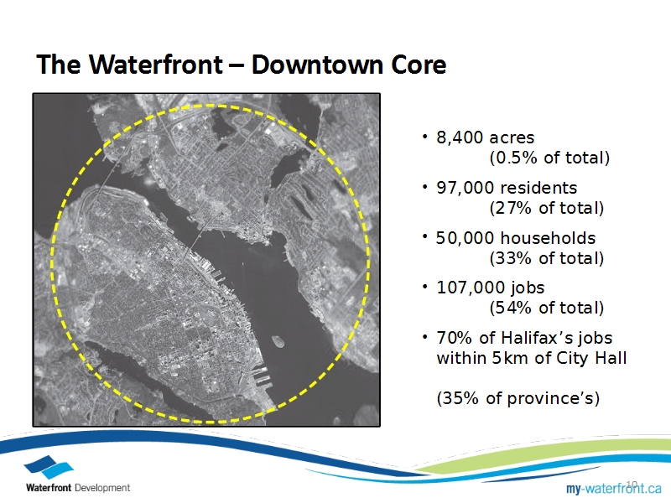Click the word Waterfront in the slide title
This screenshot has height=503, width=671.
pyautogui.click(x=156, y=65)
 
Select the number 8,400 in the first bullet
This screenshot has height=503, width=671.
pyautogui.click(x=459, y=137)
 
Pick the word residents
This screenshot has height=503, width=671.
pyautogui.click(x=538, y=188)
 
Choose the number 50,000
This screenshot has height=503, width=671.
pyautogui.click(x=465, y=238)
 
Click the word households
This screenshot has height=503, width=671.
pyautogui.click(x=548, y=238)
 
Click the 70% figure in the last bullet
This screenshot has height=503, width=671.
pyautogui.click(x=455, y=338)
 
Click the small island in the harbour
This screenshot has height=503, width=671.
pyautogui.click(x=278, y=341)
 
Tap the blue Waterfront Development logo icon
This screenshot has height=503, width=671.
pyautogui.click(x=49, y=467)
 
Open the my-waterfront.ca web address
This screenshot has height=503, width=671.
pyautogui.click(x=614, y=488)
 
